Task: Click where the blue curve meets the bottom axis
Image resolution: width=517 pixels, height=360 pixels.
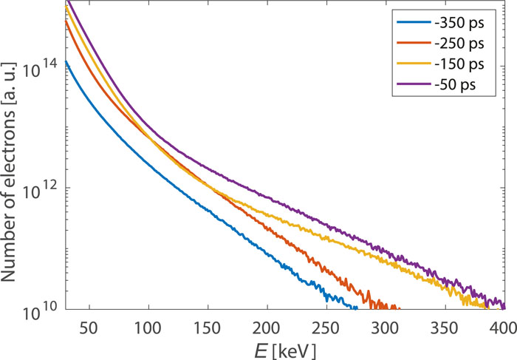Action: (357, 308)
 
